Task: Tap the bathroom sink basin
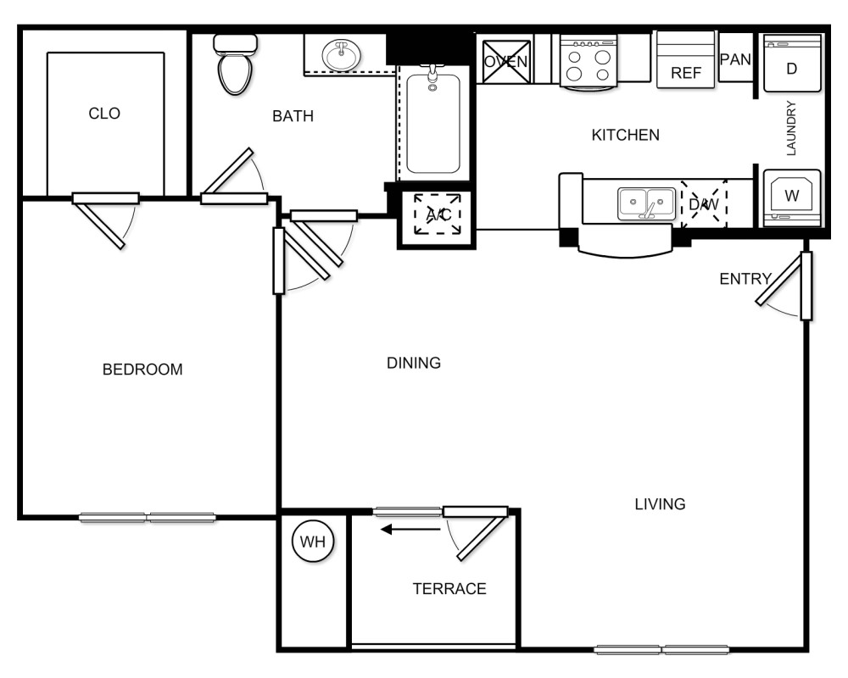point(343,56)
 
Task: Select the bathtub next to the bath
point(432,123)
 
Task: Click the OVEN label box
point(506,61)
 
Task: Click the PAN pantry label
point(735,60)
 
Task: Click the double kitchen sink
point(646,203)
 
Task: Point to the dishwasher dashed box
point(704,203)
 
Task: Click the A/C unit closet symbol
point(438,215)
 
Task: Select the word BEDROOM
point(142,370)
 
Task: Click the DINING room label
point(414,364)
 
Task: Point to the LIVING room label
point(660,504)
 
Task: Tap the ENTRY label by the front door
point(745,279)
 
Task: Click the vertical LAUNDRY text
point(792,129)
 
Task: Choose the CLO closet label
point(104,114)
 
